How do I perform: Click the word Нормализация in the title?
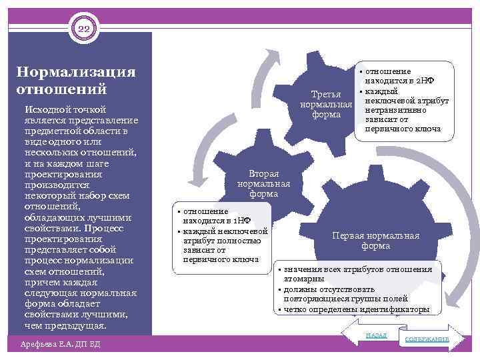(76, 72)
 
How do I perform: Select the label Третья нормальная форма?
(326, 104)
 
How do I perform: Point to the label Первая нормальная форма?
(376, 241)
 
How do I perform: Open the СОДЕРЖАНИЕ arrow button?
(427, 339)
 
